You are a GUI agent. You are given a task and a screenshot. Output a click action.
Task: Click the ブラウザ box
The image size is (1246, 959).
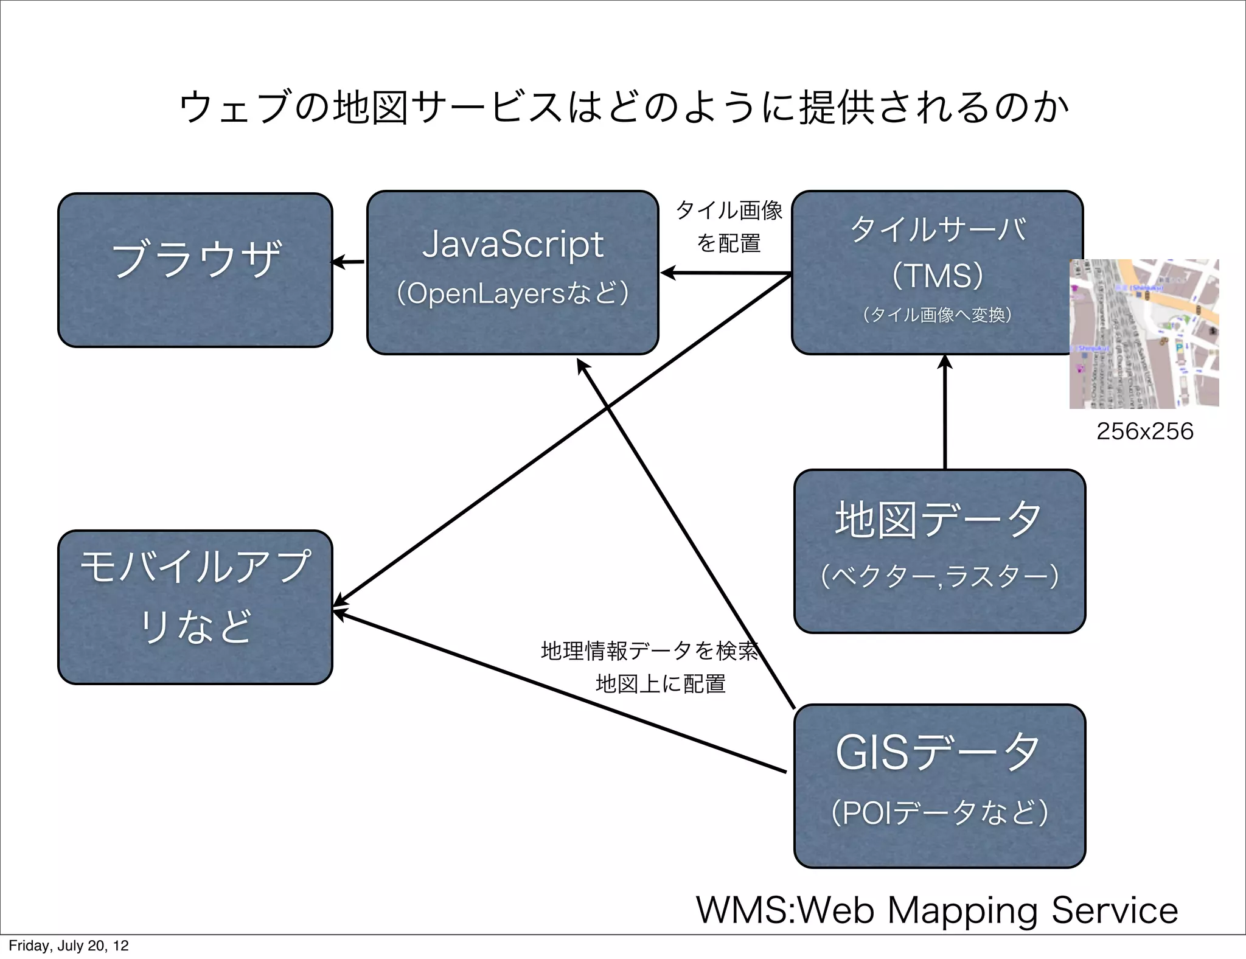(x=195, y=270)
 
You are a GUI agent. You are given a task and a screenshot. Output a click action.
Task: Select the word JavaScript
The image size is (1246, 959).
(x=512, y=245)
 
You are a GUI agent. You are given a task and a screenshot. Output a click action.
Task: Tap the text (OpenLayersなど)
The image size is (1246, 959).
(x=512, y=293)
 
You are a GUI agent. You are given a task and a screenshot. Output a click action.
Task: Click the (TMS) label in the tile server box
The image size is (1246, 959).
(x=937, y=275)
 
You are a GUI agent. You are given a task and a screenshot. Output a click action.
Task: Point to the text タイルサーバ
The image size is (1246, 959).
(x=937, y=230)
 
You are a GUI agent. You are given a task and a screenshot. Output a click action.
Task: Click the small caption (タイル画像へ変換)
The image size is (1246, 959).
(x=937, y=315)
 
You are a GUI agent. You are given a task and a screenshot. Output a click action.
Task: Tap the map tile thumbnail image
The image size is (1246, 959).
(x=1144, y=333)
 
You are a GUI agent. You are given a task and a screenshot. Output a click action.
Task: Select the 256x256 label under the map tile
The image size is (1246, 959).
(x=1144, y=431)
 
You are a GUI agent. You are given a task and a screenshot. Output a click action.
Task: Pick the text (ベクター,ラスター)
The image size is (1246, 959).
(x=939, y=576)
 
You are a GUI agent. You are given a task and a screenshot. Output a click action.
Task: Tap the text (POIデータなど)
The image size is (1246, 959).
(x=939, y=812)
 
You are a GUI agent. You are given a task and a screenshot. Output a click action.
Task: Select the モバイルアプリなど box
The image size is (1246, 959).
(x=195, y=607)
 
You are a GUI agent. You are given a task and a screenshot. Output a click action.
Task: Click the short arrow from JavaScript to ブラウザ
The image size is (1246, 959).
(x=349, y=262)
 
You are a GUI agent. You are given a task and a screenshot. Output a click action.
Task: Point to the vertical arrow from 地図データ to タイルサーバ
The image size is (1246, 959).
(x=945, y=414)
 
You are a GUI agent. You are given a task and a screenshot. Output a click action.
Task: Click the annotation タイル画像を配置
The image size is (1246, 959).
(x=728, y=226)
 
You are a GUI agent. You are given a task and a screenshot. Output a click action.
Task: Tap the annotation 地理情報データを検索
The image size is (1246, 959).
(x=649, y=651)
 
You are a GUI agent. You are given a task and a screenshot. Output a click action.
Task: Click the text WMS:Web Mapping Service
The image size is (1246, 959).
(x=937, y=910)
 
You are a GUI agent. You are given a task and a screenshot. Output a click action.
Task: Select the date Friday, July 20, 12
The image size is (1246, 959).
(x=68, y=946)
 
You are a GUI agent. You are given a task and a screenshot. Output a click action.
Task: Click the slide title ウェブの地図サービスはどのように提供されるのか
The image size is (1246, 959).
(x=623, y=108)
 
